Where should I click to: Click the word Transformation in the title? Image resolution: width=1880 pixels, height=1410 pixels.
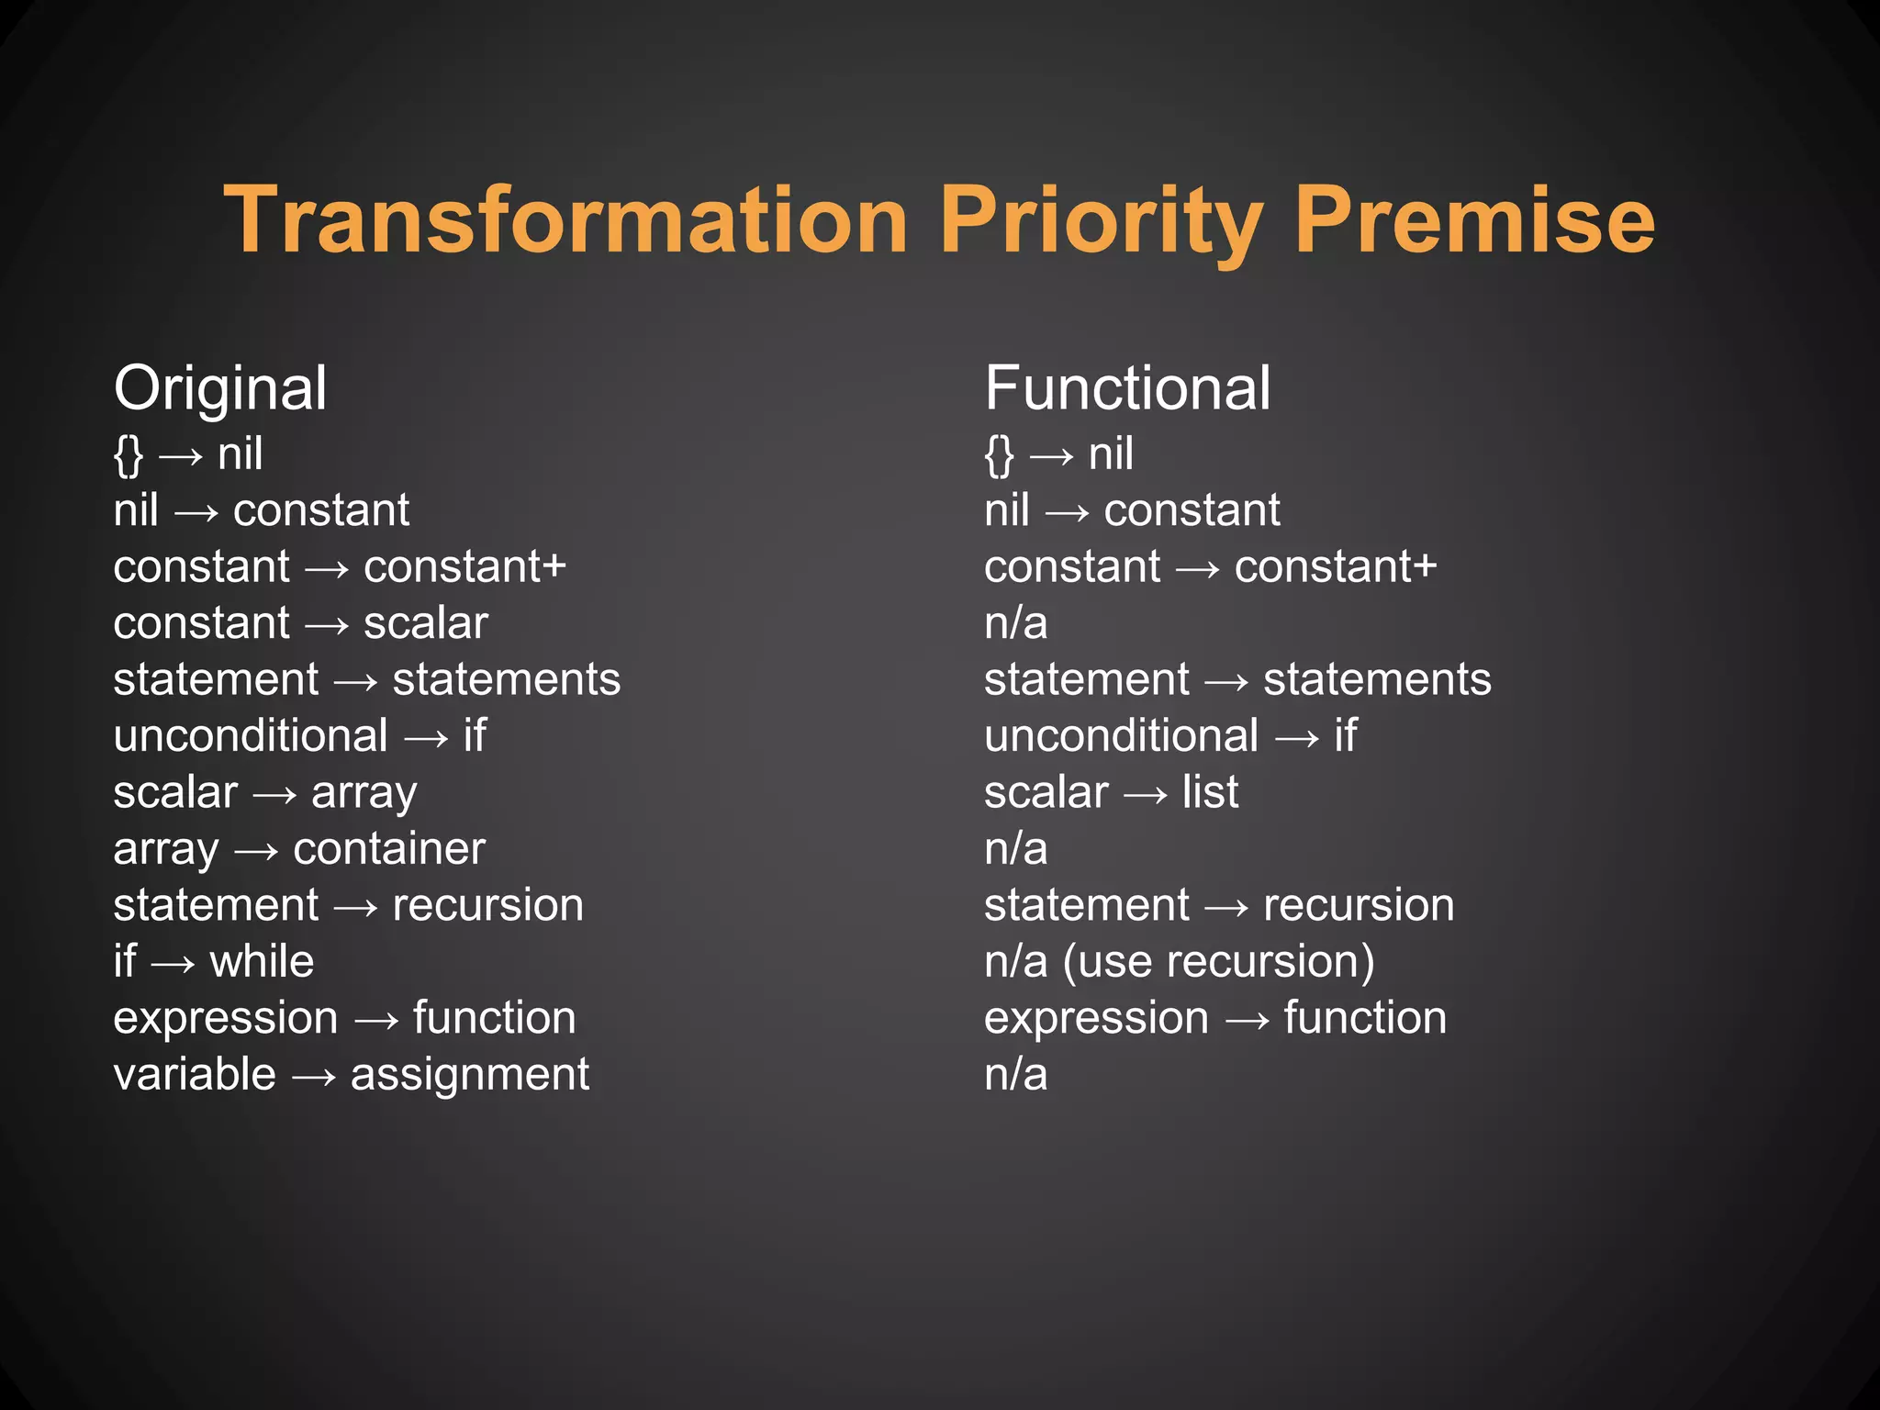point(565,220)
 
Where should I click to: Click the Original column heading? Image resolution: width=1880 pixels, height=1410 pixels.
point(220,388)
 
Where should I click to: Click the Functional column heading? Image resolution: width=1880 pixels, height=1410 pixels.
point(1127,388)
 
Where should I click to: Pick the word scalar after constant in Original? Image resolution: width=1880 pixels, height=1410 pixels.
point(426,623)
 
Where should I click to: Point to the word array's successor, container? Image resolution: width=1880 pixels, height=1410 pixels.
point(389,849)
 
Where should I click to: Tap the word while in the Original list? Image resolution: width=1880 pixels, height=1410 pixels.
point(262,962)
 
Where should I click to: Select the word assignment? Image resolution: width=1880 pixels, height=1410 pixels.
point(470,1075)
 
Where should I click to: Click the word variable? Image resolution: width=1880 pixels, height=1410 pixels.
point(195,1075)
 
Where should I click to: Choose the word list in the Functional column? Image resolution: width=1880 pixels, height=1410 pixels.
point(1210,792)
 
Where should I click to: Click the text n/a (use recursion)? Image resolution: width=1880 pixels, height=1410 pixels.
point(1180,962)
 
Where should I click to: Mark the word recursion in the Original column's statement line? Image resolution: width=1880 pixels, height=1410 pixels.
point(488,906)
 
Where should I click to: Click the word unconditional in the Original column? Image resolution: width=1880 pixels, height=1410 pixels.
point(251,736)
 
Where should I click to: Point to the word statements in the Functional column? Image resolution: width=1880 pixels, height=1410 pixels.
point(1377,680)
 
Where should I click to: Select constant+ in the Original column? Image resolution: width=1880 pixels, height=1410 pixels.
point(465,567)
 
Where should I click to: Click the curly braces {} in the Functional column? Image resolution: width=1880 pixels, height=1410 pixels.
point(999,454)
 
